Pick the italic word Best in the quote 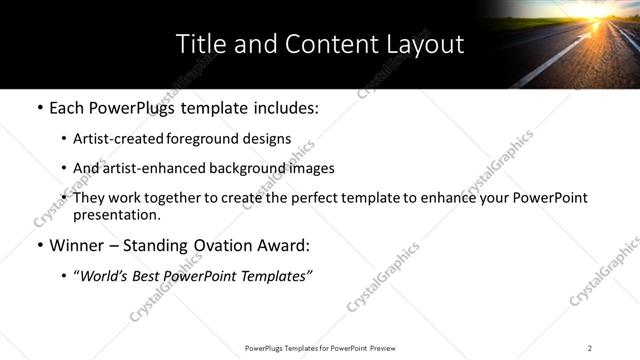point(161,276)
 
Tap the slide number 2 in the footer point(590,348)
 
